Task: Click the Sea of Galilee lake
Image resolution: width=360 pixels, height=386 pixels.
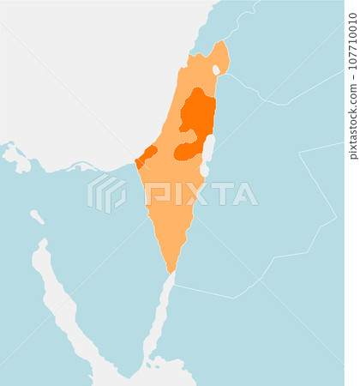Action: (216, 69)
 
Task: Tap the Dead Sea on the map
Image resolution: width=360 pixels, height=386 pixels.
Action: (207, 150)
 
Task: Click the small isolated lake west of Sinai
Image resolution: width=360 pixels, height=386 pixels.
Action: (37, 216)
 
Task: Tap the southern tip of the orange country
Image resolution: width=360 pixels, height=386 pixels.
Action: (171, 273)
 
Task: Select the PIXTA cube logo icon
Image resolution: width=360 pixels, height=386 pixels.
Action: (106, 192)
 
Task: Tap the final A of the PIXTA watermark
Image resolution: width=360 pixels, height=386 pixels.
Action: (245, 193)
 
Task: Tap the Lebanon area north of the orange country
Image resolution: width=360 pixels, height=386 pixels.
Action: (214, 21)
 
